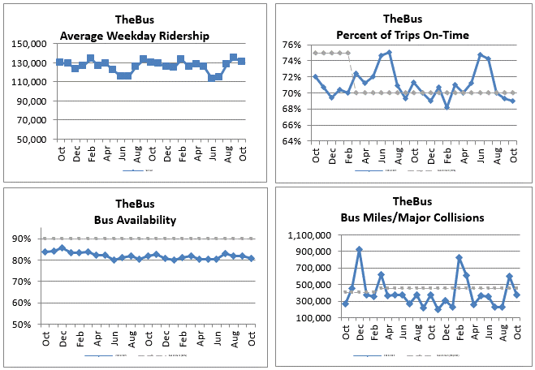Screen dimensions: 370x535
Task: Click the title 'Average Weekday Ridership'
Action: coord(134,35)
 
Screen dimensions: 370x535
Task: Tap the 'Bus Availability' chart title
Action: coord(134,220)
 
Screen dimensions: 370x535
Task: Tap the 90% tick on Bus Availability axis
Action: coord(24,239)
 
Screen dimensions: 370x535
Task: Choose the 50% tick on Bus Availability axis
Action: coord(24,325)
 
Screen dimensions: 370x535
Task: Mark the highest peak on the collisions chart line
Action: coord(360,250)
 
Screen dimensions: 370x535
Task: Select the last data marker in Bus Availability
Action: coord(251,259)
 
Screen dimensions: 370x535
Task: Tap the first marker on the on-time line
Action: coord(315,77)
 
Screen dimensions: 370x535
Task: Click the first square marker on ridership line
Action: coord(60,62)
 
